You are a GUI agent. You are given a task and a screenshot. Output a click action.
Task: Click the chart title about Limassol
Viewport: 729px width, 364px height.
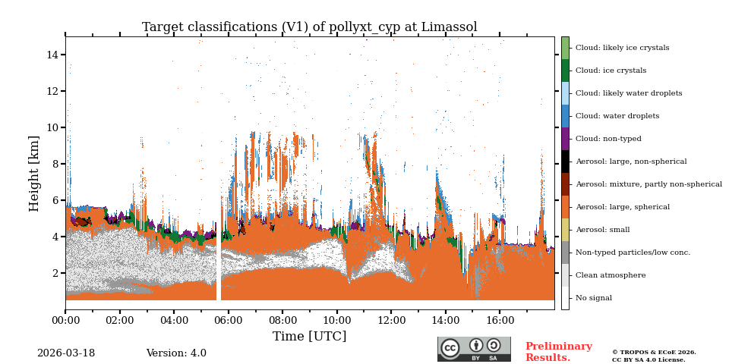[x=309, y=27]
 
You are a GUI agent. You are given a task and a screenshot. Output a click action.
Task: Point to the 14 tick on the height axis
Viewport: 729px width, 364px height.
[x=53, y=55]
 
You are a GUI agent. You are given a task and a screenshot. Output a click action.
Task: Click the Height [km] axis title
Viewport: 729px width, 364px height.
[x=34, y=173]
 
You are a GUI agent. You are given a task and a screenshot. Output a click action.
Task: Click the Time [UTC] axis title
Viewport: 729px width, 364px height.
[x=309, y=336]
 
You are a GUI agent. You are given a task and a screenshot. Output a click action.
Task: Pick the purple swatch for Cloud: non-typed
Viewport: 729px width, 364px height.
[x=565, y=139]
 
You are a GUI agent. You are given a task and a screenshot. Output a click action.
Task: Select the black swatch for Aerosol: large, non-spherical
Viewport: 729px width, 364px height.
[x=565, y=162]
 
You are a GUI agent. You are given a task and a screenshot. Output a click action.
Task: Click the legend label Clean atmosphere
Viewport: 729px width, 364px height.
[x=611, y=275]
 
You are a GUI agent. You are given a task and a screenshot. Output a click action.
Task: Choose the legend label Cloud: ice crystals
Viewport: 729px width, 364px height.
[x=611, y=71]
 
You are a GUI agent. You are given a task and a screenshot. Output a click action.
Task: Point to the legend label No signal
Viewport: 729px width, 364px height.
[x=593, y=298]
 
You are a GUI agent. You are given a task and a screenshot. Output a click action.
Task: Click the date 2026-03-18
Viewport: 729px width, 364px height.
[x=66, y=353]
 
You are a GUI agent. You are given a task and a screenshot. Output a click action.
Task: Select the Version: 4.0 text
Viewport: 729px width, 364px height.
[x=176, y=353]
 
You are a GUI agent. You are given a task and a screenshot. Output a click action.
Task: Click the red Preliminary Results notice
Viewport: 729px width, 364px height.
[x=558, y=352]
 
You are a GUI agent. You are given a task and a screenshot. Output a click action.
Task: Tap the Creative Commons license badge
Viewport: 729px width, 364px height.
[x=474, y=349]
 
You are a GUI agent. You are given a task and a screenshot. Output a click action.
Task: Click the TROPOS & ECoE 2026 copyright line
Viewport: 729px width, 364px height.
[x=654, y=352]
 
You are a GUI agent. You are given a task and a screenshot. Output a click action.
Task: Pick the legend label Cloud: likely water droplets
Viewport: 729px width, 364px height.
[x=629, y=93]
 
